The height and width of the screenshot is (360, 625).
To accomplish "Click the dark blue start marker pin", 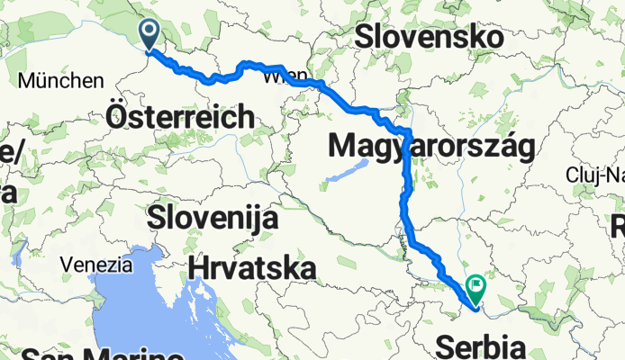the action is click(x=149, y=34).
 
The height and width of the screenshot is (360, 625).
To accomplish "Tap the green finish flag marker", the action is click(x=474, y=288).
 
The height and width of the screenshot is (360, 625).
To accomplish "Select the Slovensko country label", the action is click(x=428, y=37).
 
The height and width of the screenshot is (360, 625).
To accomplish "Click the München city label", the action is click(x=61, y=80).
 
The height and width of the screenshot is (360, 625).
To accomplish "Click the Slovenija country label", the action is click(x=213, y=217).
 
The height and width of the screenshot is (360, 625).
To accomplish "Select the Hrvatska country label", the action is click(x=253, y=267).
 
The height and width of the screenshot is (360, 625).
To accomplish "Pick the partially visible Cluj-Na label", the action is click(x=596, y=174).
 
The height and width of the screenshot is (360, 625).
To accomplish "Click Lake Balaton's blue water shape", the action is click(x=347, y=170).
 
